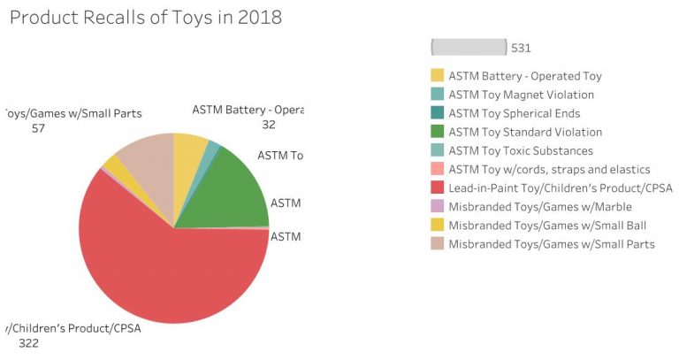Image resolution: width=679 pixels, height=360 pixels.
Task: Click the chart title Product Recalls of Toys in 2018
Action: pyautogui.click(x=145, y=18)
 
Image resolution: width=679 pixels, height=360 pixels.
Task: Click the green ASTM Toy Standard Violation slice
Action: pyautogui.click(x=237, y=190)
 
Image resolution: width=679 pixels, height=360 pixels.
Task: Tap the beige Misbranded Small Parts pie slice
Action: pyautogui.click(x=146, y=159)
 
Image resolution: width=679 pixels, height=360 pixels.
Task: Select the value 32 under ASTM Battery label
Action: pyautogui.click(x=268, y=125)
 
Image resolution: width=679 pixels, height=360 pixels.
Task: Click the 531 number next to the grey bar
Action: pyautogui.click(x=521, y=48)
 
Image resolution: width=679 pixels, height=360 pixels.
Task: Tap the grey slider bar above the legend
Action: pyautogui.click(x=468, y=48)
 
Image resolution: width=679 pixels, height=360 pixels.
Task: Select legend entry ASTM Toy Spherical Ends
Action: pyautogui.click(x=514, y=113)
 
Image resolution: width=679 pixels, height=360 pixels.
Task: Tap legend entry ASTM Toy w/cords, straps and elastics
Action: pyautogui.click(x=549, y=169)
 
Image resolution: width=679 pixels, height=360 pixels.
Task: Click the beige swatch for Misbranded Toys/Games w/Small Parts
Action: pyautogui.click(x=438, y=243)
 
